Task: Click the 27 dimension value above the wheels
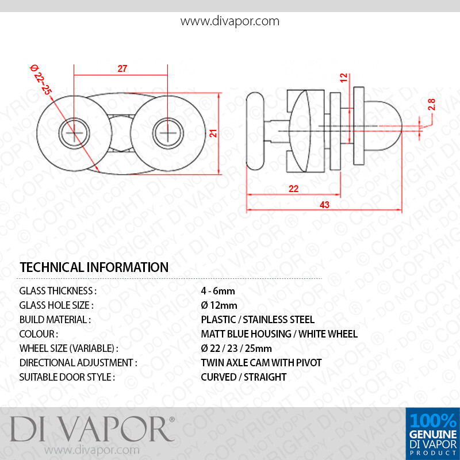tap(122, 68)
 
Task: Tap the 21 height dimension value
tap(212, 133)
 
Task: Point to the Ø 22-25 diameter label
tap(41, 80)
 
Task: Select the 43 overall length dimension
tap(324, 205)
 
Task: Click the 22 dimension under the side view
tap(293, 189)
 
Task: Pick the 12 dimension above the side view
tap(343, 78)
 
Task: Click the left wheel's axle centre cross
tap(74, 133)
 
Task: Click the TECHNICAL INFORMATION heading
tap(94, 267)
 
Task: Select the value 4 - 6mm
tap(218, 291)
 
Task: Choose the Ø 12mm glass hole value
tap(219, 305)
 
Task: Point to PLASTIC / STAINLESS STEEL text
tap(258, 320)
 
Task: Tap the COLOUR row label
tap(39, 334)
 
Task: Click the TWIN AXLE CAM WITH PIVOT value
tap(261, 363)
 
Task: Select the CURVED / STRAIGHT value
tap(243, 377)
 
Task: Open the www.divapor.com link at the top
tap(230, 22)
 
